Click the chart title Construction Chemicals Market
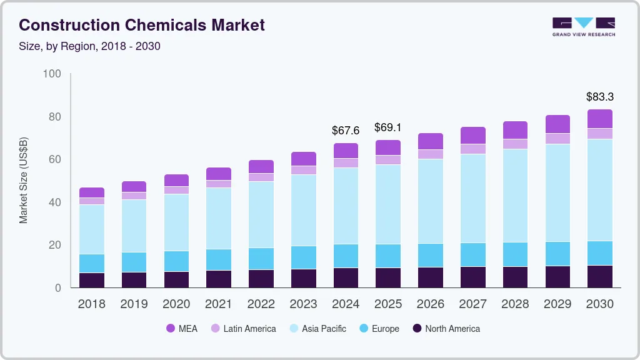(142, 25)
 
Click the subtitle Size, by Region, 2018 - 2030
(89, 46)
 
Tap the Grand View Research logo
(583, 26)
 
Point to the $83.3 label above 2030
(599, 97)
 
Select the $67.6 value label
(346, 131)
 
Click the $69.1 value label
(387, 127)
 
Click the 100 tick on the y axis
(52, 74)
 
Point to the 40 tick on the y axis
(54, 202)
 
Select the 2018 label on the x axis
(91, 304)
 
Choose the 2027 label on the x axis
(472, 304)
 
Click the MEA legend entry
(181, 328)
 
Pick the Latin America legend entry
(242, 328)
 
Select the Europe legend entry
(378, 328)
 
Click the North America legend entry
(446, 328)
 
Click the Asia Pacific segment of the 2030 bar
(599, 190)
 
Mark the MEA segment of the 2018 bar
(91, 192)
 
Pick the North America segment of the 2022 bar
(261, 279)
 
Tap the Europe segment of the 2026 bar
(430, 255)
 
